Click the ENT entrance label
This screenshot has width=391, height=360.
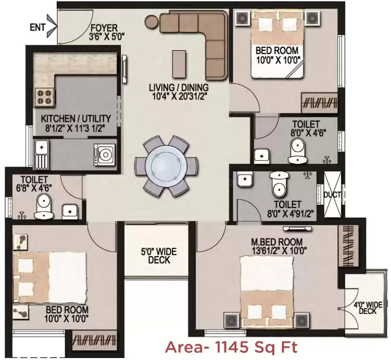(38, 27)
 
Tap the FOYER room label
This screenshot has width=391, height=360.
(104, 28)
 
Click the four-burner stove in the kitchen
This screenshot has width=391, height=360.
(44, 97)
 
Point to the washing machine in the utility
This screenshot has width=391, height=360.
(105, 155)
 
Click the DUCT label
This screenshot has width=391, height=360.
(332, 195)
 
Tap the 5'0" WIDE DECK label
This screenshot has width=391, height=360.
(159, 256)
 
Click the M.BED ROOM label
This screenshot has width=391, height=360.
(277, 242)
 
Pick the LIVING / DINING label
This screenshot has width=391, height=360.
(178, 88)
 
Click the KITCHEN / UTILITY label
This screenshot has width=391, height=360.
(76, 118)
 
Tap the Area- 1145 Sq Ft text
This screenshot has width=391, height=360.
(231, 347)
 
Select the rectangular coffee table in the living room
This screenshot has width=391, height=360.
(179, 64)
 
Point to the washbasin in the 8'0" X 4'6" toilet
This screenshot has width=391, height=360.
(261, 156)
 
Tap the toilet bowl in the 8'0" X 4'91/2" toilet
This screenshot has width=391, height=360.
(279, 184)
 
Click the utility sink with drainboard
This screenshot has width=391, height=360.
(42, 154)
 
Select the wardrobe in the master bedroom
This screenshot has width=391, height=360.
(348, 245)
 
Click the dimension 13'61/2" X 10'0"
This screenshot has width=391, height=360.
(278, 250)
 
